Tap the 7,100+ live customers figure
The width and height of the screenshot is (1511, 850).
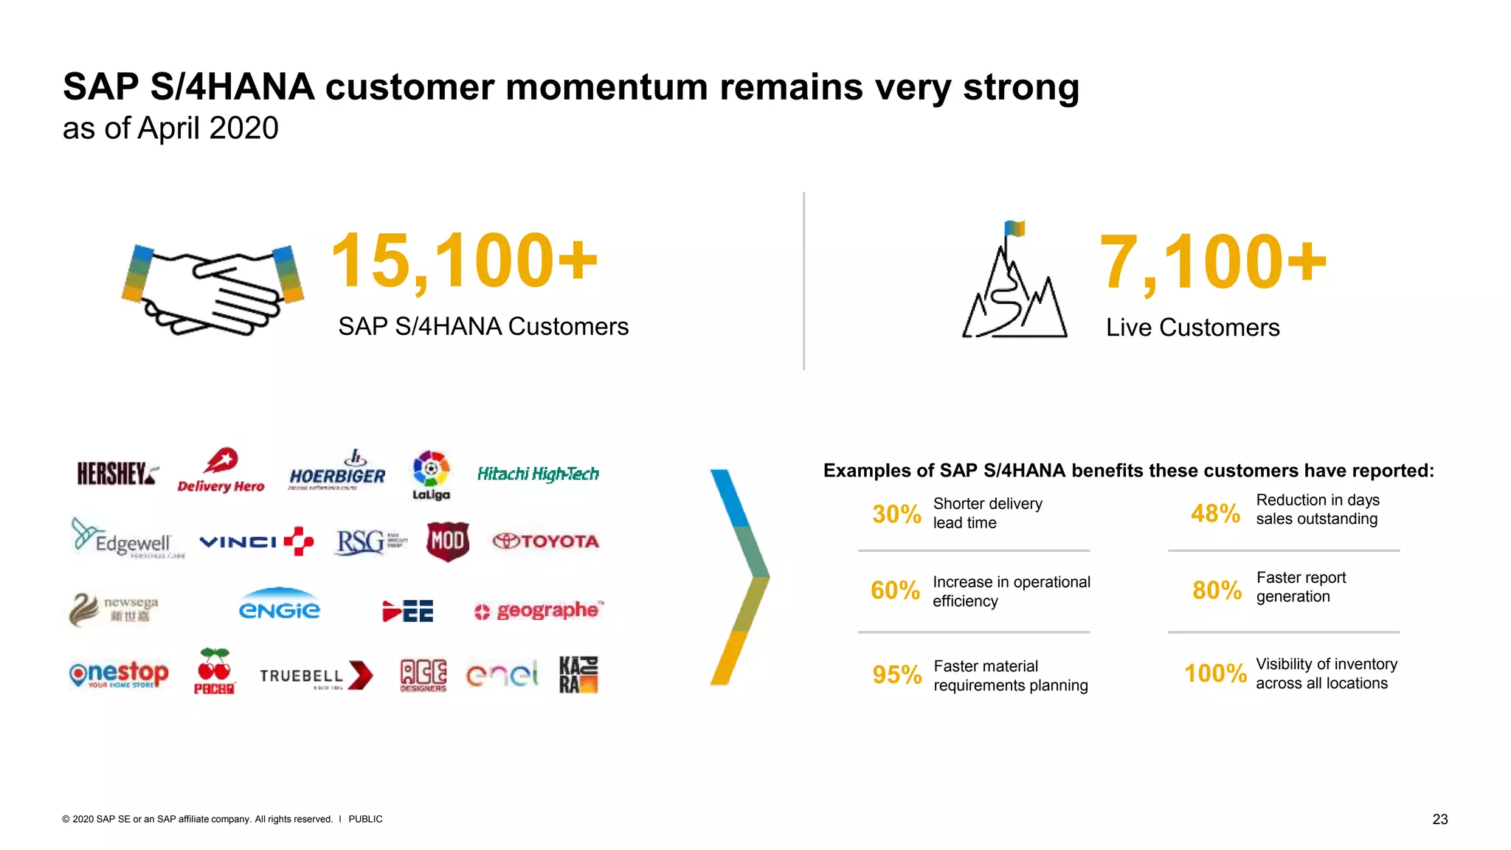click(x=1212, y=262)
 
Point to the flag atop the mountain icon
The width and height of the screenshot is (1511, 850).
click(x=1015, y=229)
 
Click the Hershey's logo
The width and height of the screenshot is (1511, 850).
click(x=117, y=473)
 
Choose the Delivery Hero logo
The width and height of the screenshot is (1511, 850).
click(x=221, y=471)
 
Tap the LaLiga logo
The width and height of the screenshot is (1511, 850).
click(x=431, y=475)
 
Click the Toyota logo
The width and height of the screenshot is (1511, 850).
click(x=546, y=541)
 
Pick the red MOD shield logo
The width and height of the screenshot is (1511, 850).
click(x=447, y=541)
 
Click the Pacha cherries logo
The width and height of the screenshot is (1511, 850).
click(x=214, y=671)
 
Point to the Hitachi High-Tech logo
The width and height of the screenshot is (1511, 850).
click(x=538, y=474)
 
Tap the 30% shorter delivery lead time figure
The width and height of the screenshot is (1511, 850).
click(x=896, y=514)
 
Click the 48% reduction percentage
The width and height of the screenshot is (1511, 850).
click(x=1215, y=513)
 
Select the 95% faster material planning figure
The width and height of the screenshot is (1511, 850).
click(x=896, y=674)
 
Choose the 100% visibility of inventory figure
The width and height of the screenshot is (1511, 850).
click(x=1215, y=673)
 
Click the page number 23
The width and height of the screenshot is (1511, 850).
click(x=1439, y=819)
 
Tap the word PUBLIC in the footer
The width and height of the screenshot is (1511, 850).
click(x=365, y=819)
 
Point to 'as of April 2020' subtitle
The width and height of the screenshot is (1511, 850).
click(x=170, y=128)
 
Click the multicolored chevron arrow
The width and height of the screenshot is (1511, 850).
click(x=739, y=577)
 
